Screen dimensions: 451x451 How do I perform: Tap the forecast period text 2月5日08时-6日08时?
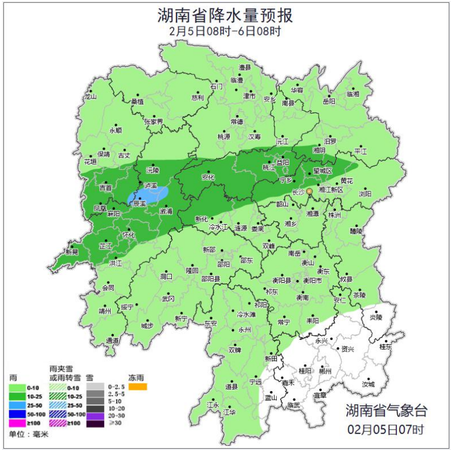tap(225, 32)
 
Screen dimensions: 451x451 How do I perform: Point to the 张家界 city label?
tap(153, 121)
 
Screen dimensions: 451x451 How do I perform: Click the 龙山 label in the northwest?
tap(90, 97)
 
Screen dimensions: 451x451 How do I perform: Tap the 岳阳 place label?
tap(329, 102)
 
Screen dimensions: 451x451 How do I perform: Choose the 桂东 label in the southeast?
tap(386, 348)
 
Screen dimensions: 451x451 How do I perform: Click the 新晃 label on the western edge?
tap(72, 252)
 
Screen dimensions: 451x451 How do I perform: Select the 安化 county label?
tap(208, 177)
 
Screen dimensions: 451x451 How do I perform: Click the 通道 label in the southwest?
tap(112, 340)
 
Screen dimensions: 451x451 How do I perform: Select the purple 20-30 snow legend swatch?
tap(96, 414)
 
